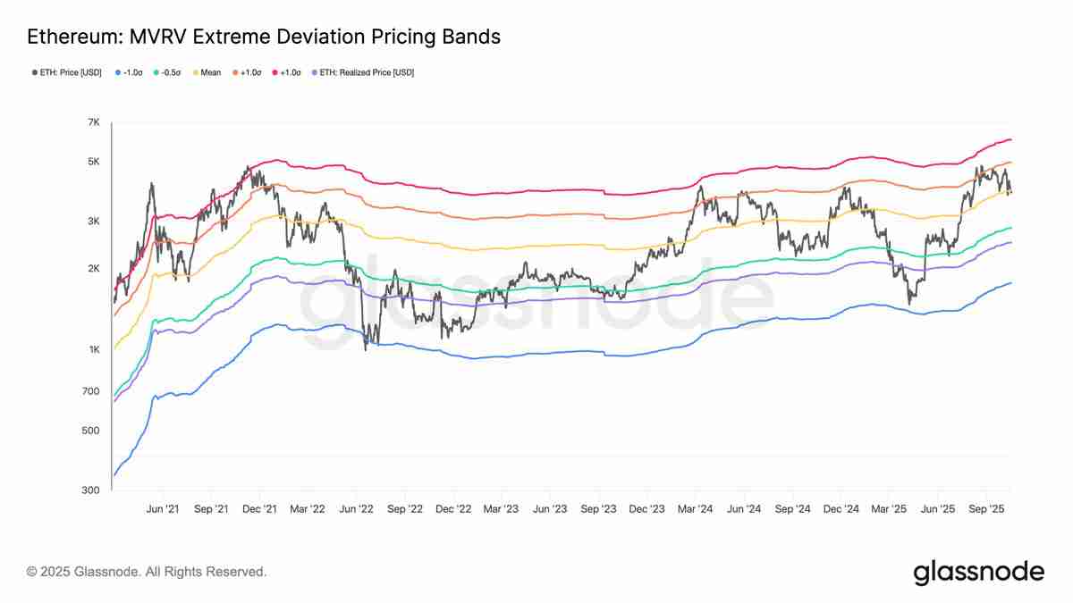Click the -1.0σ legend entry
(x=131, y=72)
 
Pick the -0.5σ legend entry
(x=170, y=72)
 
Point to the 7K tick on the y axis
(x=93, y=121)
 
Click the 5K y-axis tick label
(x=93, y=162)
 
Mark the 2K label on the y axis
(x=93, y=269)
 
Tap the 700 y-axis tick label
(x=91, y=391)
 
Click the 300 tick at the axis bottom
(x=91, y=490)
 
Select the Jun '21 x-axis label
(x=162, y=508)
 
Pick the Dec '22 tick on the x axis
(x=452, y=508)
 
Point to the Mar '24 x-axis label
(x=695, y=508)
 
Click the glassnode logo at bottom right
(x=978, y=572)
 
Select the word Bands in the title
(x=469, y=37)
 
